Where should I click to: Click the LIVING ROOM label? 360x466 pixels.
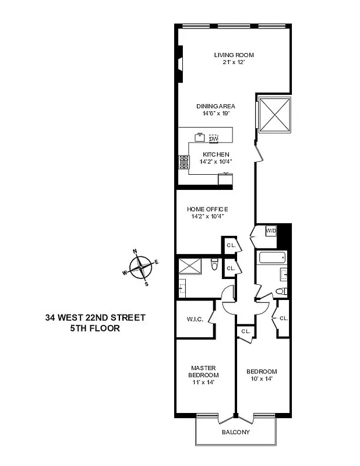coord(233,55)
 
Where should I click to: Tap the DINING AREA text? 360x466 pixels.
coord(215,106)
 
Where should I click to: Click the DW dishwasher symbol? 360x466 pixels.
coord(214,138)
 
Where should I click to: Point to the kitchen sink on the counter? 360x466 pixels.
coord(200,137)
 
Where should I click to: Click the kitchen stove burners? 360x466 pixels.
coord(184,162)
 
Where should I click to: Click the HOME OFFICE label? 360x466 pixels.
coord(207,209)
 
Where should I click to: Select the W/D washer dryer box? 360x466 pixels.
coord(271,231)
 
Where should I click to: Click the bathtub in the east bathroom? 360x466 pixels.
coord(271,259)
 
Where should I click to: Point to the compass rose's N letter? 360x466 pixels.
coord(136,252)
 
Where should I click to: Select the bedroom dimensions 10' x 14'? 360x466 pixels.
coord(261,379)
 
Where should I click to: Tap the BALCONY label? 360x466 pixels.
coord(235,432)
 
